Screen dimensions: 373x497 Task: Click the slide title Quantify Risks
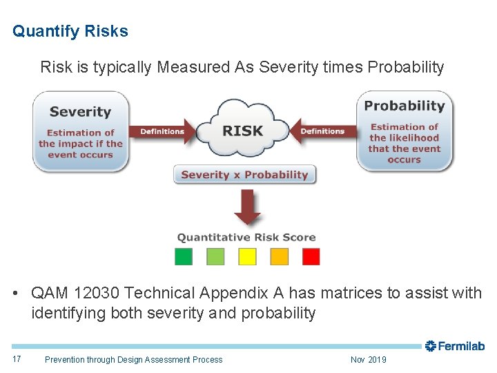tap(70, 32)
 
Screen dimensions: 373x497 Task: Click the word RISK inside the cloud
tap(242, 130)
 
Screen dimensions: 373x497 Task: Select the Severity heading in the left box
tap(80, 111)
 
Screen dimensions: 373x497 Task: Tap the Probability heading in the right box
tap(404, 106)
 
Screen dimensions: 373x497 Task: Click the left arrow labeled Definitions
tap(163, 131)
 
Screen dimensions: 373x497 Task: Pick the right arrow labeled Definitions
tap(322, 131)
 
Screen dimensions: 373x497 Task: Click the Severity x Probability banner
tap(244, 175)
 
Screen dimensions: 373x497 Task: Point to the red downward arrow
tap(246, 207)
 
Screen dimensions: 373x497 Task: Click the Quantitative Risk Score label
tap(246, 238)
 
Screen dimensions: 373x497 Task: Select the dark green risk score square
tap(184, 257)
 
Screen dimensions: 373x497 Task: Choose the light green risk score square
tap(215, 257)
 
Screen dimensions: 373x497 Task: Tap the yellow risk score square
tap(247, 257)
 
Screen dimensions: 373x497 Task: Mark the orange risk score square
tap(279, 257)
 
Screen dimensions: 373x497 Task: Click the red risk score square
tap(311, 257)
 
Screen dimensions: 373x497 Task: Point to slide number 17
tap(17, 359)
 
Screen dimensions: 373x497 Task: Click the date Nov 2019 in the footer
tap(368, 359)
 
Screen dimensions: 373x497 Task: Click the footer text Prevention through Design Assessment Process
tap(133, 359)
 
